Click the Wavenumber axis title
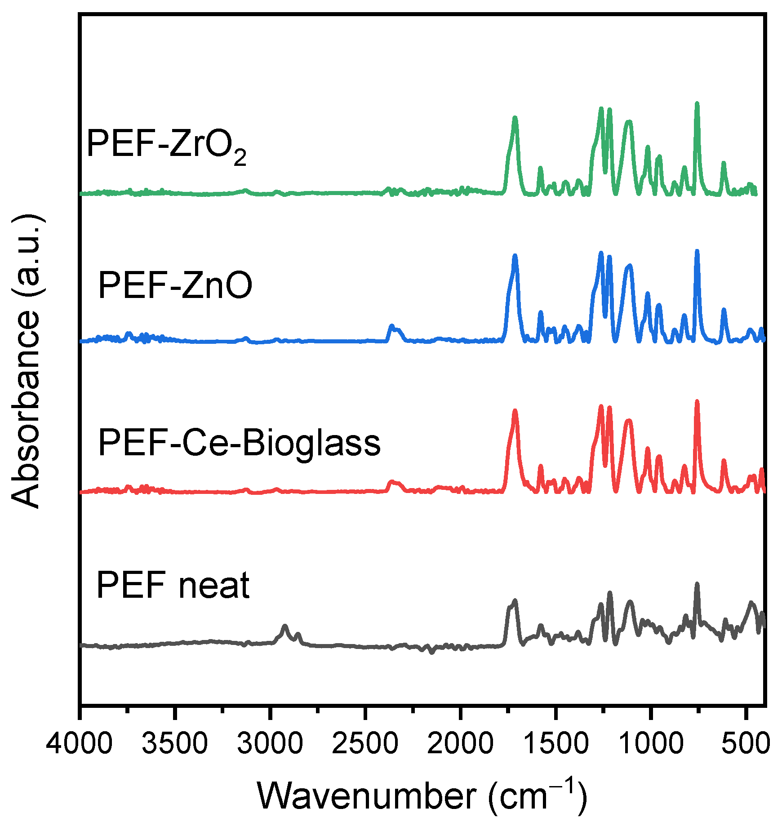tap(422, 796)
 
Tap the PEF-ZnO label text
tap(175, 285)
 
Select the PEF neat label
tap(173, 585)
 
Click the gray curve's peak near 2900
tap(284, 626)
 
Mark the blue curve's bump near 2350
tap(392, 326)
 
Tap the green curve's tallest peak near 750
tap(697, 104)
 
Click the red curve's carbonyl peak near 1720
tap(515, 411)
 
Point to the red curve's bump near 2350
tap(392, 482)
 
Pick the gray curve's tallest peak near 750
tap(697, 584)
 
